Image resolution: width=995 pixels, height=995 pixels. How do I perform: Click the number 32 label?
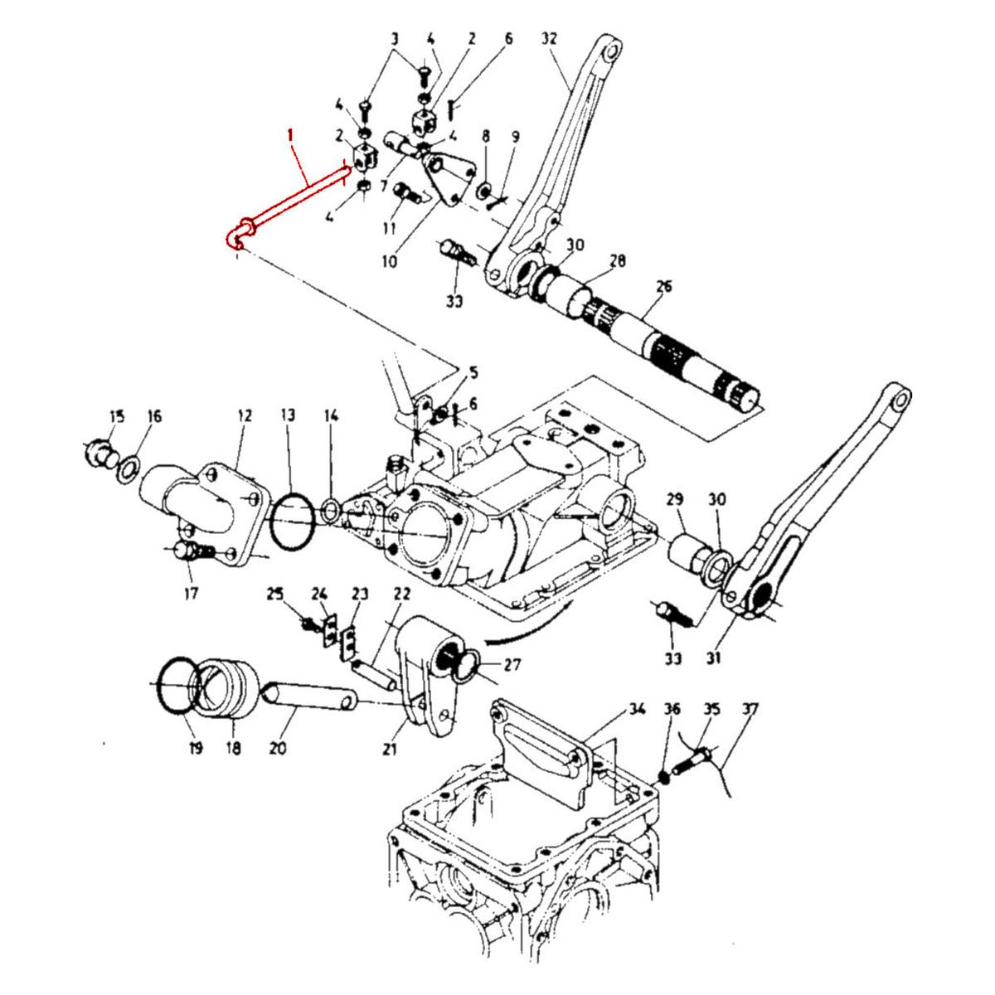550,38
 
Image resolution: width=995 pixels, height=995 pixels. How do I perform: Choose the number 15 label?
116,415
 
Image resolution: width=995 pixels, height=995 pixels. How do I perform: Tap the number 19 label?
195,748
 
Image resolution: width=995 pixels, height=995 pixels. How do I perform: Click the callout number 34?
637,710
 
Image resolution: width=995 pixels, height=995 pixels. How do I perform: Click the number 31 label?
715,658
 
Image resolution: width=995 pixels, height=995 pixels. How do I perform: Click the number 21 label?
390,750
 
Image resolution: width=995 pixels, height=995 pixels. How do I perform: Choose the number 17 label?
192,593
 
